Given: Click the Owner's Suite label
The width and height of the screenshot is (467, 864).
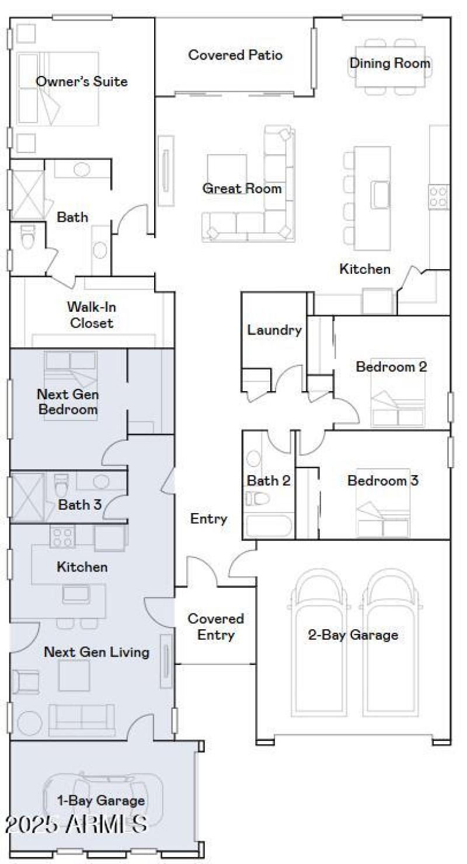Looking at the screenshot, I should point(82,81).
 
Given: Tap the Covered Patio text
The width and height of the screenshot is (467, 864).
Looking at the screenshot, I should point(235,55).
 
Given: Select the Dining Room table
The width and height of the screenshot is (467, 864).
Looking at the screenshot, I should point(389,65).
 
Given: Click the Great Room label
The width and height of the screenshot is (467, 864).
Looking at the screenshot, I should point(242,189).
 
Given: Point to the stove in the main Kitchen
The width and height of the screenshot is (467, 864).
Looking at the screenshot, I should point(438,197).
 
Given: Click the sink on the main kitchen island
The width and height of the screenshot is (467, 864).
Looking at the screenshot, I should point(380,194).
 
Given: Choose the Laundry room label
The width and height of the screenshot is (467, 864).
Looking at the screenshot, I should point(274,330).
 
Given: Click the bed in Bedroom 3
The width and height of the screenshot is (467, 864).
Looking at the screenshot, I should point(384,514).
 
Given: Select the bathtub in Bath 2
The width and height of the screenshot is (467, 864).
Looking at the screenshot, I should point(269,525).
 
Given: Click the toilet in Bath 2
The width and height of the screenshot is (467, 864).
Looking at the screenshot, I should point(257,498).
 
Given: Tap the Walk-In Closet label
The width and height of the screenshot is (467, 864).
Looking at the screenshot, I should point(90,314).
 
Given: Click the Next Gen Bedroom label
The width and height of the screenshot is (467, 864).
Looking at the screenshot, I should point(67,402).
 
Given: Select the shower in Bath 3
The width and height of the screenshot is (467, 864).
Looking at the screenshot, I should point(27,496).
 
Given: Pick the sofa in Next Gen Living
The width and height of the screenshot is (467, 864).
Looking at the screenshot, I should point(82,719).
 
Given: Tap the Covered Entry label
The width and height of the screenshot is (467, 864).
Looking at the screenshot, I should point(215,626).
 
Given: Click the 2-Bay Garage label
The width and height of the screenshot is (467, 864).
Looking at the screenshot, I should point(353,635).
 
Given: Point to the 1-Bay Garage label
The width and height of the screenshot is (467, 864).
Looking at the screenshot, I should point(100,800).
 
